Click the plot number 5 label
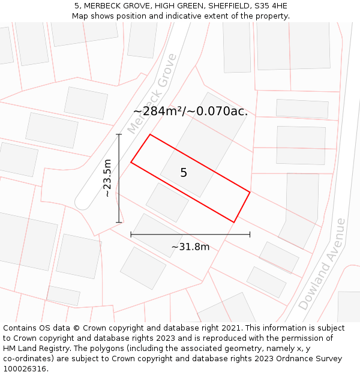click(x=184, y=173)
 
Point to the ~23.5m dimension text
click(x=107, y=178)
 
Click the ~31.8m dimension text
click(x=190, y=247)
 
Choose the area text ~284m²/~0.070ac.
click(x=190, y=111)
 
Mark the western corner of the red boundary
click(x=131, y=162)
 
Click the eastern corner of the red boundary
click(x=250, y=192)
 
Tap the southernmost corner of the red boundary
click(x=234, y=223)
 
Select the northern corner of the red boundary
click(x=150, y=134)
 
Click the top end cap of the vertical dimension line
click(x=119, y=134)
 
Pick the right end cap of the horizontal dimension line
click(x=250, y=234)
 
